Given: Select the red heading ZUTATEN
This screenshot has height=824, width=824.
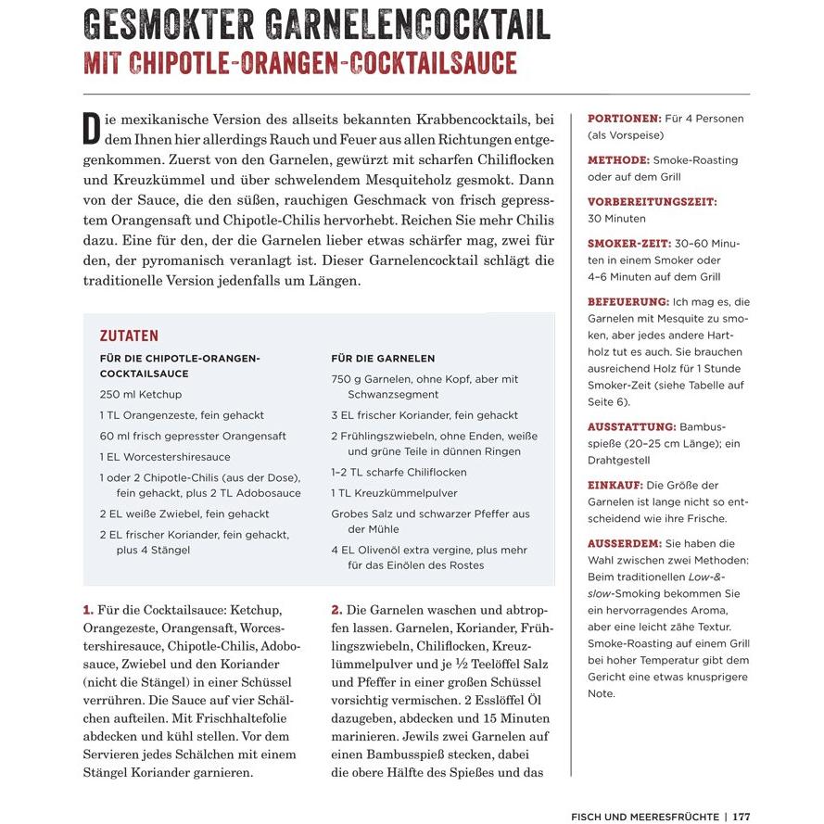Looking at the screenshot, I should tap(129, 336).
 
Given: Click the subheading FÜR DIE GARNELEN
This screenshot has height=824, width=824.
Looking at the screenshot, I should tap(383, 359).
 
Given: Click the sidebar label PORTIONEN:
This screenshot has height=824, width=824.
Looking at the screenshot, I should tap(624, 119).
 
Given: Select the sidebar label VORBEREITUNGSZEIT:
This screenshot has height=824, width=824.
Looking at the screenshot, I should tap(652, 201).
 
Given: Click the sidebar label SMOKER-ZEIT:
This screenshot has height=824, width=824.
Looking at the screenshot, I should tap(629, 243).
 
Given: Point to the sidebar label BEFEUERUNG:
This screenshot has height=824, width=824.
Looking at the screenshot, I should tap(628, 301).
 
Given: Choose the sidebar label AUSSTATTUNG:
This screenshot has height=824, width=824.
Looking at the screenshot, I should tap(631, 426).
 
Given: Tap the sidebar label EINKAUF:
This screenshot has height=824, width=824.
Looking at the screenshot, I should tap(615, 485).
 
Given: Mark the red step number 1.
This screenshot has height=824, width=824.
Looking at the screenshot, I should tap(89, 610).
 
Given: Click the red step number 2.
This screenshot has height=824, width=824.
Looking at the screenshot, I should tap(337, 610).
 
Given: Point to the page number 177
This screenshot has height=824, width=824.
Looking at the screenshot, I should tap(741, 817).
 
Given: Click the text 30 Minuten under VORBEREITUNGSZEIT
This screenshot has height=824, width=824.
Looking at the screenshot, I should tap(616, 219).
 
